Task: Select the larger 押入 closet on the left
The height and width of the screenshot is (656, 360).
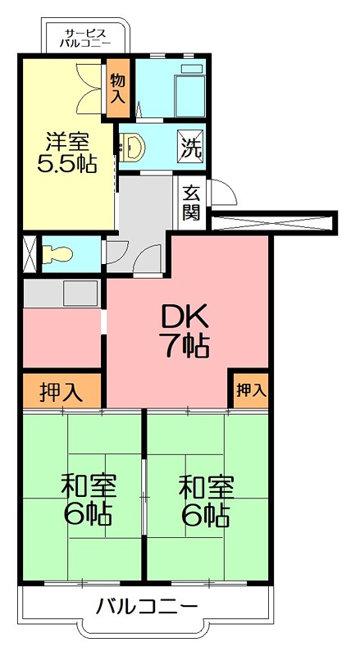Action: click(x=62, y=391)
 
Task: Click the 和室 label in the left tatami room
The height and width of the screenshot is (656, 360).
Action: click(x=89, y=486)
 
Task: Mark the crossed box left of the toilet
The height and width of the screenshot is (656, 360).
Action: click(x=29, y=253)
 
